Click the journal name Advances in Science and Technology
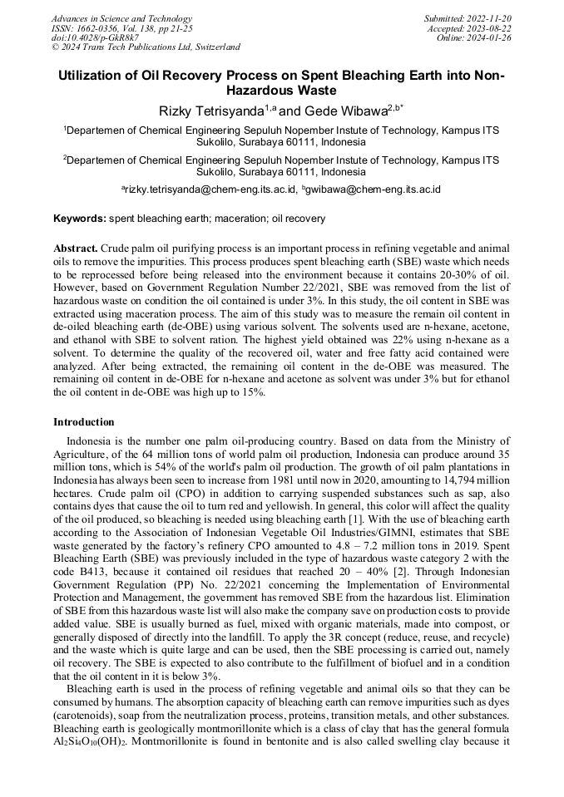(x=121, y=18)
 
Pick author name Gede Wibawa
(x=341, y=110)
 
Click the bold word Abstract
(x=76, y=248)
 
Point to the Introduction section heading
(x=84, y=422)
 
